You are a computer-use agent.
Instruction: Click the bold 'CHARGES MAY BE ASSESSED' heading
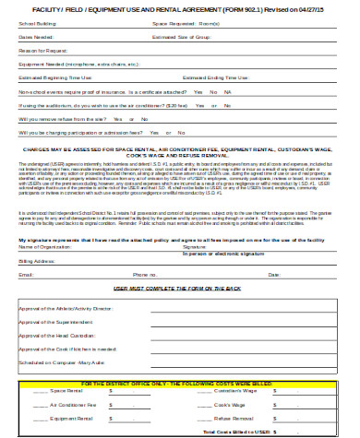[180, 148]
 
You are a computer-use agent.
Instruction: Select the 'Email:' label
[26, 275]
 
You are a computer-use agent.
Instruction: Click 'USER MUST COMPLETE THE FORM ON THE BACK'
[179, 289]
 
